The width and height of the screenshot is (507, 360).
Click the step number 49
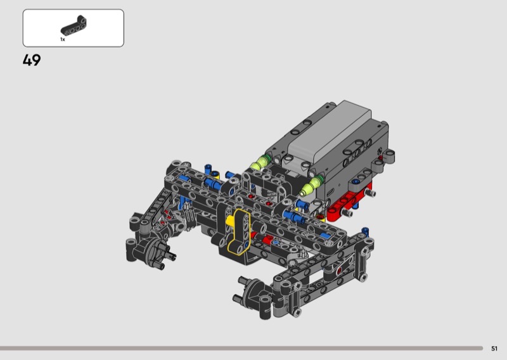tap(32, 60)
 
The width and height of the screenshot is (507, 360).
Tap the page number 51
tap(494, 349)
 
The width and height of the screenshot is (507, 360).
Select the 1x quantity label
tap(62, 39)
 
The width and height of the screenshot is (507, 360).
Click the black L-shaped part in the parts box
tap(74, 25)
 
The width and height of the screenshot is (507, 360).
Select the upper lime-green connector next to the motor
tap(260, 162)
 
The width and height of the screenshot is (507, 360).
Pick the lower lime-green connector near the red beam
tap(311, 186)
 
